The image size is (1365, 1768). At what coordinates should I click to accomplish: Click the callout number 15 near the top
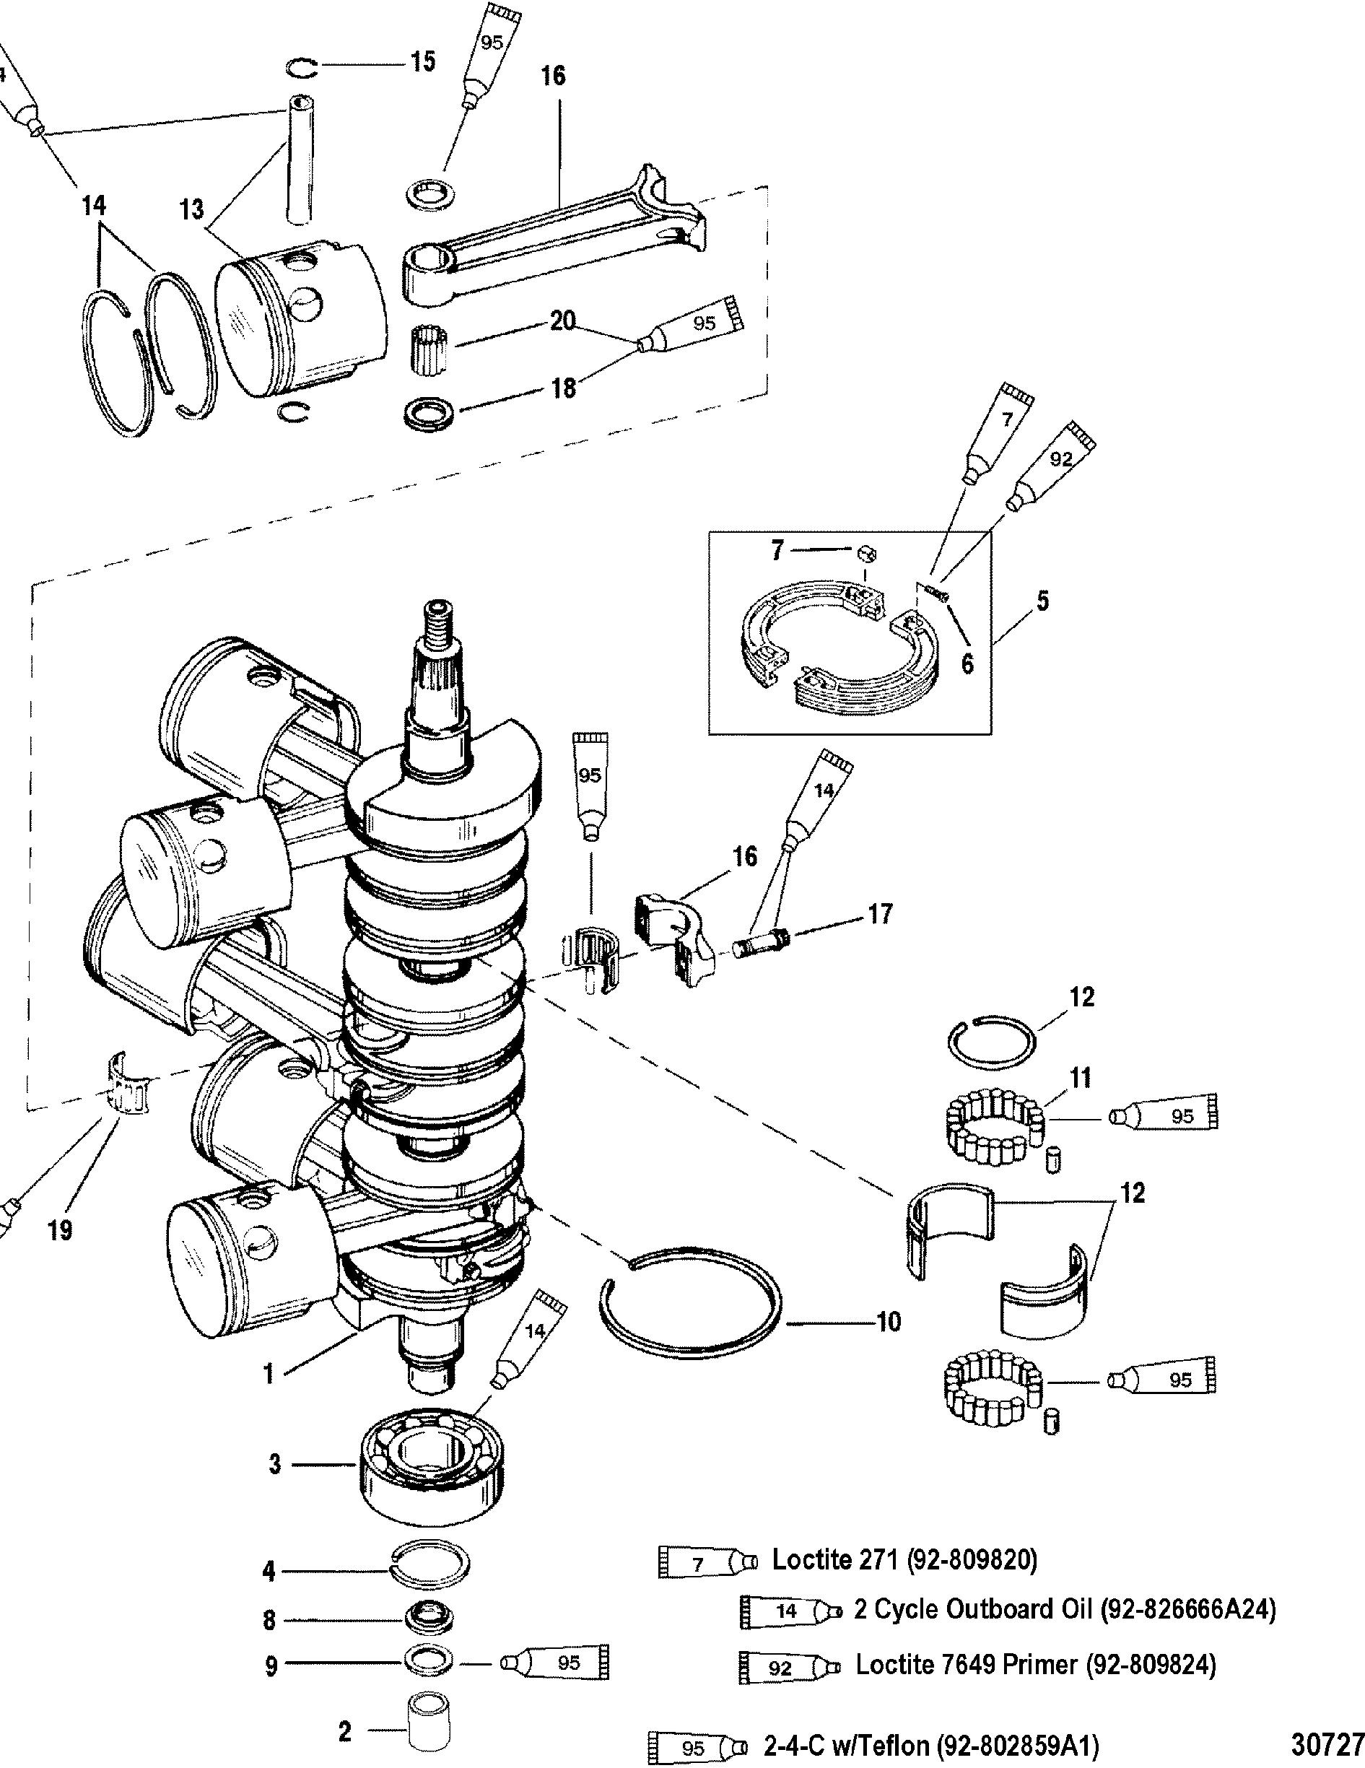422,61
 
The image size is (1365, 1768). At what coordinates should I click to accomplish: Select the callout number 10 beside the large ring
888,1322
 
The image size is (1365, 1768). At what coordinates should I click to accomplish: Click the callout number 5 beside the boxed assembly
1042,601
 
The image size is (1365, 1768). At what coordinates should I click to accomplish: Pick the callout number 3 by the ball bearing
274,1464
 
